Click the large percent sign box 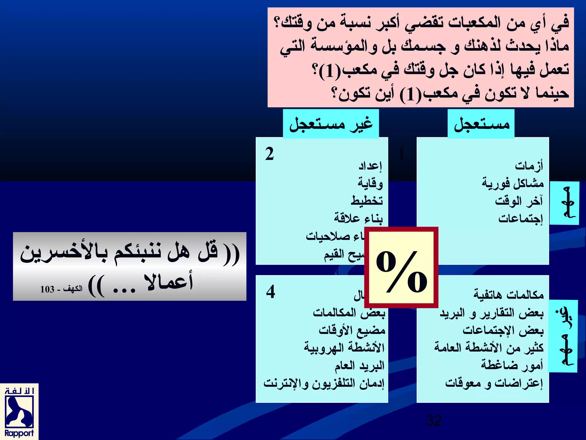tap(401, 268)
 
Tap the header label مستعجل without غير tap(481, 124)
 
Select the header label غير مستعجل tap(331, 124)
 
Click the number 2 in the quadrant tap(269, 154)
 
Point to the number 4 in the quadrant tap(270, 292)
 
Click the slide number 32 tap(433, 420)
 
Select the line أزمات tap(529, 166)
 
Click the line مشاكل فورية tap(512, 183)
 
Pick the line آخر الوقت tap(519, 201)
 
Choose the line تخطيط tap(367, 201)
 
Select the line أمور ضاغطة tap(512, 365)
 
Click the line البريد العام tap(360, 366)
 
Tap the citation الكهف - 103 tap(61, 289)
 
